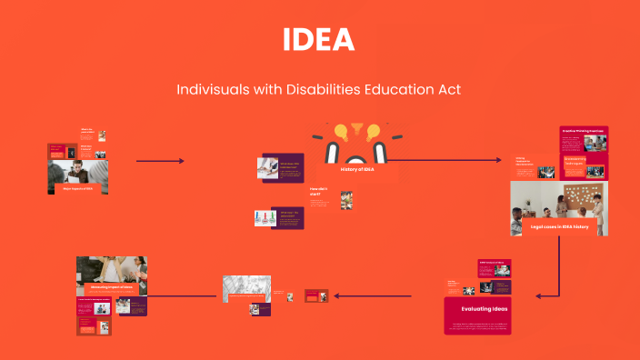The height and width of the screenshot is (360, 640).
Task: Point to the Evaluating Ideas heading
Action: pyautogui.click(x=485, y=309)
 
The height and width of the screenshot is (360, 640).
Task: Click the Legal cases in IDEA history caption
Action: pyautogui.click(x=559, y=226)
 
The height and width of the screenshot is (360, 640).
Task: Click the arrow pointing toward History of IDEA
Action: pyautogui.click(x=160, y=162)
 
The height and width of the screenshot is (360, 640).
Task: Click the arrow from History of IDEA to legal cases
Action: pyautogui.click(x=445, y=161)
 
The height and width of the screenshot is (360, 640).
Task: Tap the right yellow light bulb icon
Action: pyautogui.click(x=372, y=133)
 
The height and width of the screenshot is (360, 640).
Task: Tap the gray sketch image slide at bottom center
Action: pyautogui.click(x=246, y=288)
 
